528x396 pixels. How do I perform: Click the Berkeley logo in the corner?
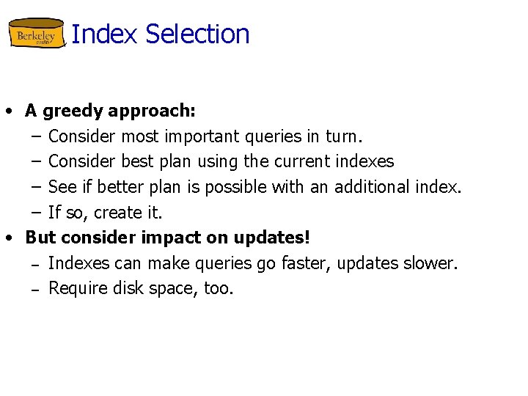(x=36, y=34)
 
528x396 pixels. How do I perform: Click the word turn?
(x=344, y=136)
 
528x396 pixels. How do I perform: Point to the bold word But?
(x=41, y=238)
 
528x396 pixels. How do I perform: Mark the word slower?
(x=431, y=263)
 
